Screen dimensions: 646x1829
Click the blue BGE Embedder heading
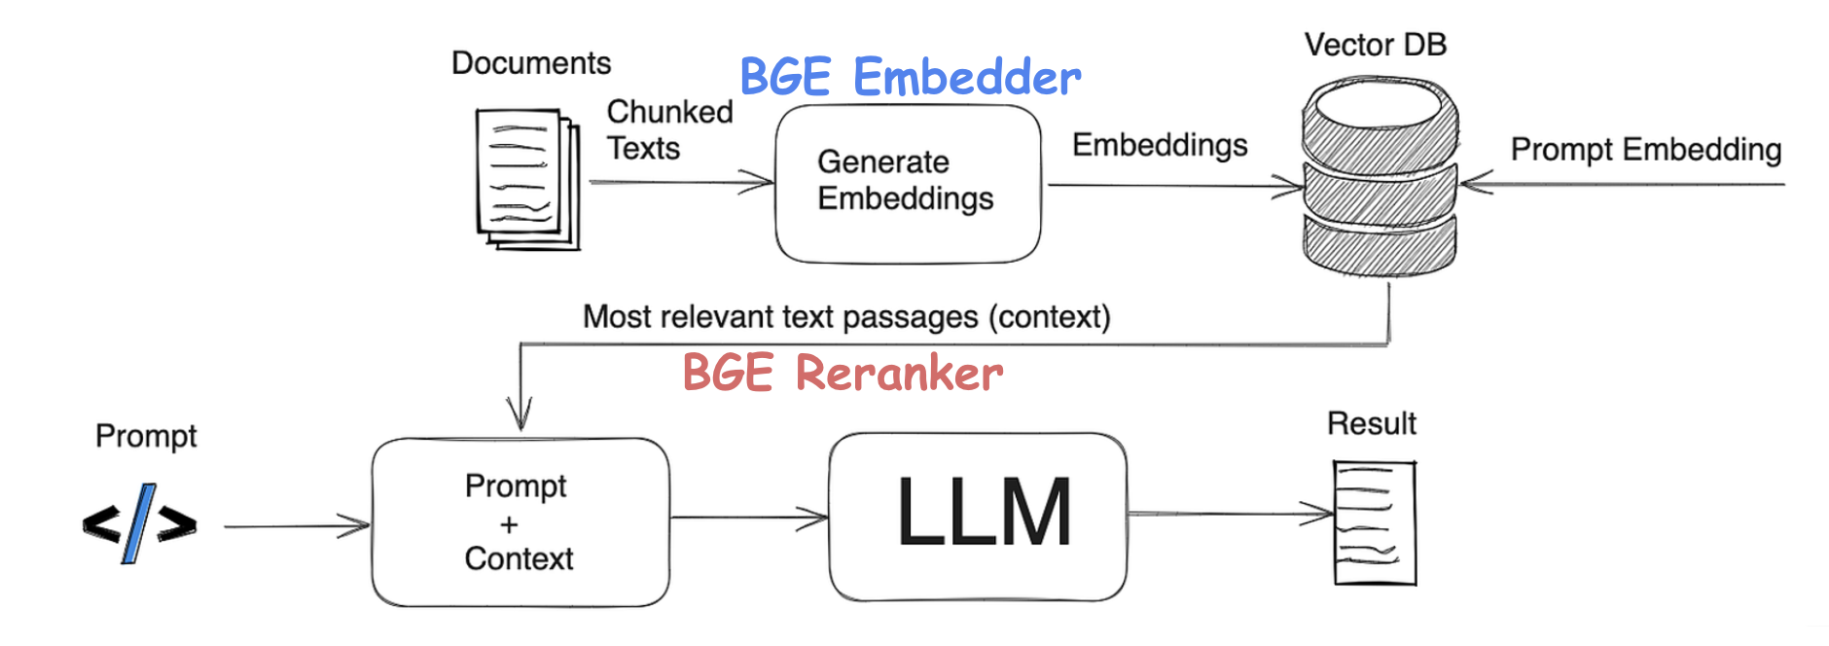pos(910,77)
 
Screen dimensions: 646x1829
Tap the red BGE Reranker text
pos(843,373)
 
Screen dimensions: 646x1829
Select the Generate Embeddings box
pos(908,183)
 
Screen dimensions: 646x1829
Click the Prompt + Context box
pos(520,522)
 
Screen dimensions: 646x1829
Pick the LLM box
pos(978,516)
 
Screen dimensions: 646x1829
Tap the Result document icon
pos(1374,522)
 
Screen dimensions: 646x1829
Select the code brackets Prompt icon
pos(140,523)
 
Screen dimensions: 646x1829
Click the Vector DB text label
pos(1375,45)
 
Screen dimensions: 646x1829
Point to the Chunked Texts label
pos(669,129)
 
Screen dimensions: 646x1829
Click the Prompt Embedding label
pos(1645,150)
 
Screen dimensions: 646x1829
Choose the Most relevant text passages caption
pos(846,317)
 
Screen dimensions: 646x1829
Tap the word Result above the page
pos(1371,424)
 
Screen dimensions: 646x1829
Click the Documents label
pos(531,63)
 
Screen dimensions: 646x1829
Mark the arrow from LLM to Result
pos(1230,513)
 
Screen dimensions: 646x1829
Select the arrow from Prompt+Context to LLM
pos(748,518)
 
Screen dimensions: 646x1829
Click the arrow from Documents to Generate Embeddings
pos(680,182)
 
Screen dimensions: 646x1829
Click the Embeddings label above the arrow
pos(1160,145)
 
